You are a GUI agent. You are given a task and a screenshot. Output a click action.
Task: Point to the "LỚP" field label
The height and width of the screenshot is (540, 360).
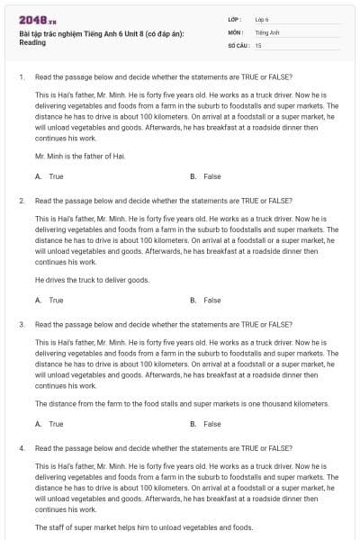(x=235, y=19)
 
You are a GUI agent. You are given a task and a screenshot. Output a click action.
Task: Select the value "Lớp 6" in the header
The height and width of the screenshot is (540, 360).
(x=262, y=19)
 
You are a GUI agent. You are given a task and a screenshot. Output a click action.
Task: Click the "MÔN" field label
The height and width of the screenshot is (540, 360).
(x=235, y=31)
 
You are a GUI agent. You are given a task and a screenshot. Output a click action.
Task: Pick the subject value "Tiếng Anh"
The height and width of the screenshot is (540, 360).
(x=266, y=31)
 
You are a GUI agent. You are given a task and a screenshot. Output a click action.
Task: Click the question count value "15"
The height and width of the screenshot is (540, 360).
(x=258, y=44)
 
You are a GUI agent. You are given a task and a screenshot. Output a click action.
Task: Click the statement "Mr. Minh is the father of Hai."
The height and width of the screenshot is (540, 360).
(x=80, y=156)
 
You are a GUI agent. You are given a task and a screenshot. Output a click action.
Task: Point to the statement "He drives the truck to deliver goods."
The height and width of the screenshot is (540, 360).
(x=93, y=279)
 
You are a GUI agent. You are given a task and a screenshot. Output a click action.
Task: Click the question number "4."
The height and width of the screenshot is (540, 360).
(x=22, y=447)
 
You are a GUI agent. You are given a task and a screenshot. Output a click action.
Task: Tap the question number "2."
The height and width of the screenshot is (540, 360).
(x=22, y=200)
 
